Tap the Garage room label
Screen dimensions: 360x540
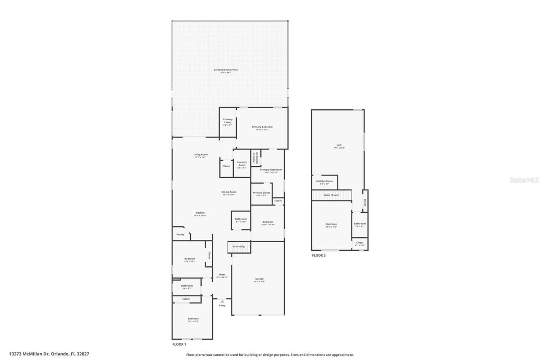[x=259, y=279]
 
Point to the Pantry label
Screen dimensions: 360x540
[x=180, y=234]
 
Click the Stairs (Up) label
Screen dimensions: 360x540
[x=239, y=246]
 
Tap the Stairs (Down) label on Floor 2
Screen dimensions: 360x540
[x=331, y=195]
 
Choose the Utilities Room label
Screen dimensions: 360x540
[x=324, y=181]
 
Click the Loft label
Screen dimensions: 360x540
[x=339, y=145]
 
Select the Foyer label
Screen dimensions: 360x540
[x=222, y=275]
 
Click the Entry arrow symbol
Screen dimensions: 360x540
[x=222, y=301]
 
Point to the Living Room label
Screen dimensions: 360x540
[x=201, y=154]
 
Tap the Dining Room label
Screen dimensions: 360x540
[x=229, y=192]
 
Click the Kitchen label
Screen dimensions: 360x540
[x=200, y=213]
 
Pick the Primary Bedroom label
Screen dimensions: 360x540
[x=262, y=127]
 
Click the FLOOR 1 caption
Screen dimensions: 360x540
[x=179, y=344]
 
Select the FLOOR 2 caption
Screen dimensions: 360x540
[x=319, y=255]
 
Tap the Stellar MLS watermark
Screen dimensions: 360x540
[x=524, y=180]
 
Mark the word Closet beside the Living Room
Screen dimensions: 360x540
[x=226, y=166]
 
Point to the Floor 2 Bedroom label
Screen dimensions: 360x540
[x=331, y=224]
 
